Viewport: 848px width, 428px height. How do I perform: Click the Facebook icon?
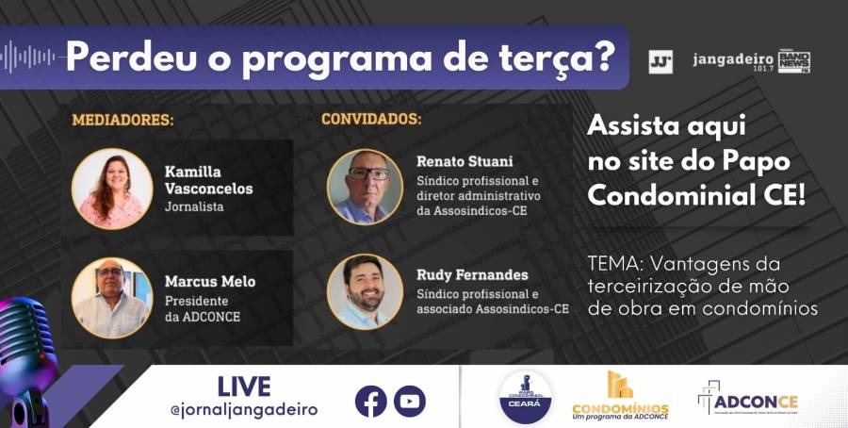click(371, 401)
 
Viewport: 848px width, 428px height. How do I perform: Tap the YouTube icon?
click(409, 401)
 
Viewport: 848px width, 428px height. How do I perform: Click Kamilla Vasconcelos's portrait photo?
click(112, 189)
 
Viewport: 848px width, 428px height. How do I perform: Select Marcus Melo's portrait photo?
click(112, 298)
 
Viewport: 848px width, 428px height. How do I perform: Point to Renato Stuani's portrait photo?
click(365, 187)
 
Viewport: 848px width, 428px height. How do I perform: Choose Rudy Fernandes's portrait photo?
click(365, 291)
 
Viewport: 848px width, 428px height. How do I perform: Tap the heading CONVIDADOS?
click(371, 120)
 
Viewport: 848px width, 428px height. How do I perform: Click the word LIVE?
click(243, 387)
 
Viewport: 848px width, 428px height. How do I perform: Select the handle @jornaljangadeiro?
click(244, 409)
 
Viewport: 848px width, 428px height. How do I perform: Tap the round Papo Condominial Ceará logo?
click(526, 397)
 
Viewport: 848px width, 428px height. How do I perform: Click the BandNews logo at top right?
click(793, 62)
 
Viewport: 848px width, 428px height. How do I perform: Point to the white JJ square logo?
click(660, 62)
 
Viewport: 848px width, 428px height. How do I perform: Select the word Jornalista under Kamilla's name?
click(194, 206)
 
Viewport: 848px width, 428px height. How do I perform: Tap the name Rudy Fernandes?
click(472, 275)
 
